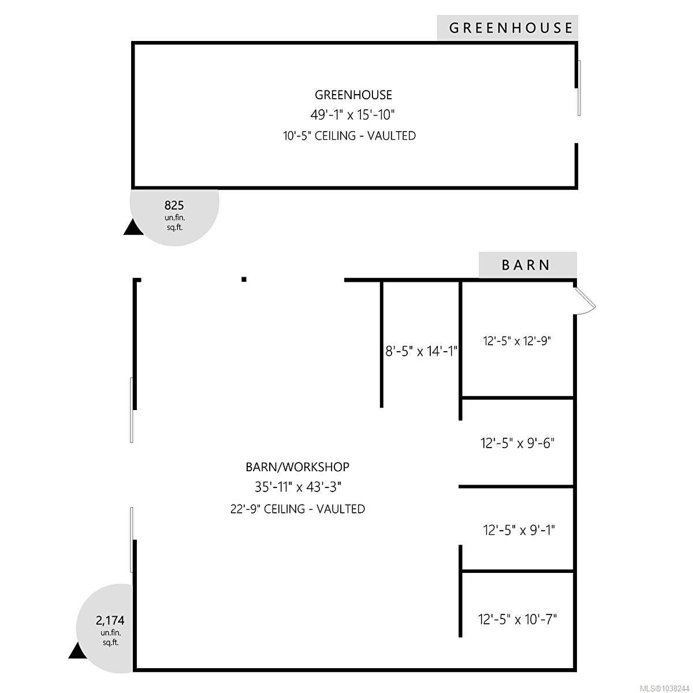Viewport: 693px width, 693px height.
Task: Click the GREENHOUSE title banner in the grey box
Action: (511, 28)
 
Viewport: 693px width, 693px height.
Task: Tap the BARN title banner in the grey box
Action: (526, 265)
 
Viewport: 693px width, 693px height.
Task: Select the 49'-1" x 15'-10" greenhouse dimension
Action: (352, 115)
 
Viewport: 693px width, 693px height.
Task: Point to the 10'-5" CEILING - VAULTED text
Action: (349, 136)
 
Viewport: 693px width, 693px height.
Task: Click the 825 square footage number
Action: (174, 206)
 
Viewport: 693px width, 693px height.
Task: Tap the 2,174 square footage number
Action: (110, 620)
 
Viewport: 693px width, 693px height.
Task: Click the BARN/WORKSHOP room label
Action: (297, 467)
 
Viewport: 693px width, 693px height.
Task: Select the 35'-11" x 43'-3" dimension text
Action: (298, 487)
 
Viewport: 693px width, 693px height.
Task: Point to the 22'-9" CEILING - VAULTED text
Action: (298, 509)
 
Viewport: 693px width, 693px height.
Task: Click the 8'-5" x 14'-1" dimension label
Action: (421, 351)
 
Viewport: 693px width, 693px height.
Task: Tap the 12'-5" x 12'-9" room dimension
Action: (517, 341)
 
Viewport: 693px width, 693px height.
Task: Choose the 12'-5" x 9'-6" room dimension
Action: (517, 443)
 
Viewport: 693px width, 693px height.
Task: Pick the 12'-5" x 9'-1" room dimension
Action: (519, 530)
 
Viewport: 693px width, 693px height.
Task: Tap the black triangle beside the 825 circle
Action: (133, 228)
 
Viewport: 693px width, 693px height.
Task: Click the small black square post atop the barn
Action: (244, 280)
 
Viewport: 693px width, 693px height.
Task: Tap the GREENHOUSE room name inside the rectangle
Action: (353, 95)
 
